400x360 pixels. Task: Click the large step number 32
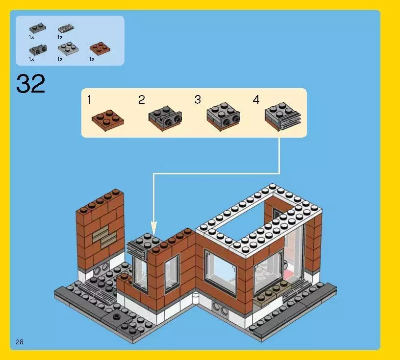coord(31,84)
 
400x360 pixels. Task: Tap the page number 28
coord(20,342)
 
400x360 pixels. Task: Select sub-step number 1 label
coord(89,100)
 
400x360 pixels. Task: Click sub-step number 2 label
coord(142,100)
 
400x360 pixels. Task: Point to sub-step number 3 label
coord(198,100)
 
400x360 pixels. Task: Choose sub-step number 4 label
coord(256,100)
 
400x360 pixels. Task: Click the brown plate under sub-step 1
coord(107,120)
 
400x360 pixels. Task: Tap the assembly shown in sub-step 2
coord(165,117)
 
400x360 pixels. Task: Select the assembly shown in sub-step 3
coord(224,117)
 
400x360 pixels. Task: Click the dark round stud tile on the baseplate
coord(117,316)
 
